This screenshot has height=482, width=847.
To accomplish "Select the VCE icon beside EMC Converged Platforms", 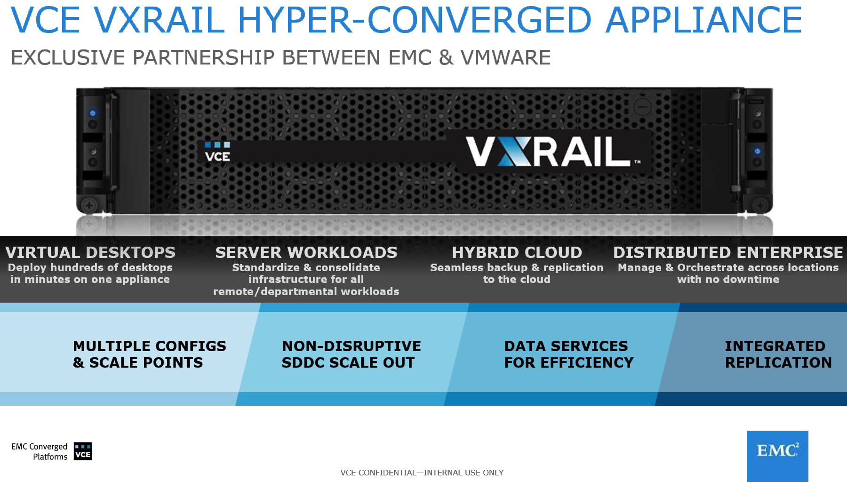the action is point(83,451).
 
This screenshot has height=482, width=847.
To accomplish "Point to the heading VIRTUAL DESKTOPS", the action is point(90,252).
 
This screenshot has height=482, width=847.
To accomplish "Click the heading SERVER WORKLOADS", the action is point(306,252).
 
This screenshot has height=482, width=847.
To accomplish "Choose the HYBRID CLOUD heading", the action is point(517,252).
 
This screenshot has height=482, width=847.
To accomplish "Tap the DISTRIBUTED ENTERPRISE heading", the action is point(728,252).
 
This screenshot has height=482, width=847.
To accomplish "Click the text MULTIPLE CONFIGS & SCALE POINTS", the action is point(150,354).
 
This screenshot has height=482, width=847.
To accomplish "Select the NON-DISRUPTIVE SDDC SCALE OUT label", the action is point(352,354).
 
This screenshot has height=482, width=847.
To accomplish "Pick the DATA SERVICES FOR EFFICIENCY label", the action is point(569,354).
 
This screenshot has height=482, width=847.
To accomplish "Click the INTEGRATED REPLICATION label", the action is point(778,354).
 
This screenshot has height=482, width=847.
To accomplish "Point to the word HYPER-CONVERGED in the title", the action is point(415,20).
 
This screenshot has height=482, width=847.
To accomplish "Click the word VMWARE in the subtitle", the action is point(506,57).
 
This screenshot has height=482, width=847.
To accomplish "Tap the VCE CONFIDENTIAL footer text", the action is point(422,473).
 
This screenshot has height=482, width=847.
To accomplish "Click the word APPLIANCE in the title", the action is point(704,20).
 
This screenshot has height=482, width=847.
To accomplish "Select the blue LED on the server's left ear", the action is point(93,113).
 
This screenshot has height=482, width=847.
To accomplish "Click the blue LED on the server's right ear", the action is point(757,151).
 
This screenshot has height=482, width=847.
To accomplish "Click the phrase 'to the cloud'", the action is point(517,279).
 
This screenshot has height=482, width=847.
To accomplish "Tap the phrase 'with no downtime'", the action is point(728,279).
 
